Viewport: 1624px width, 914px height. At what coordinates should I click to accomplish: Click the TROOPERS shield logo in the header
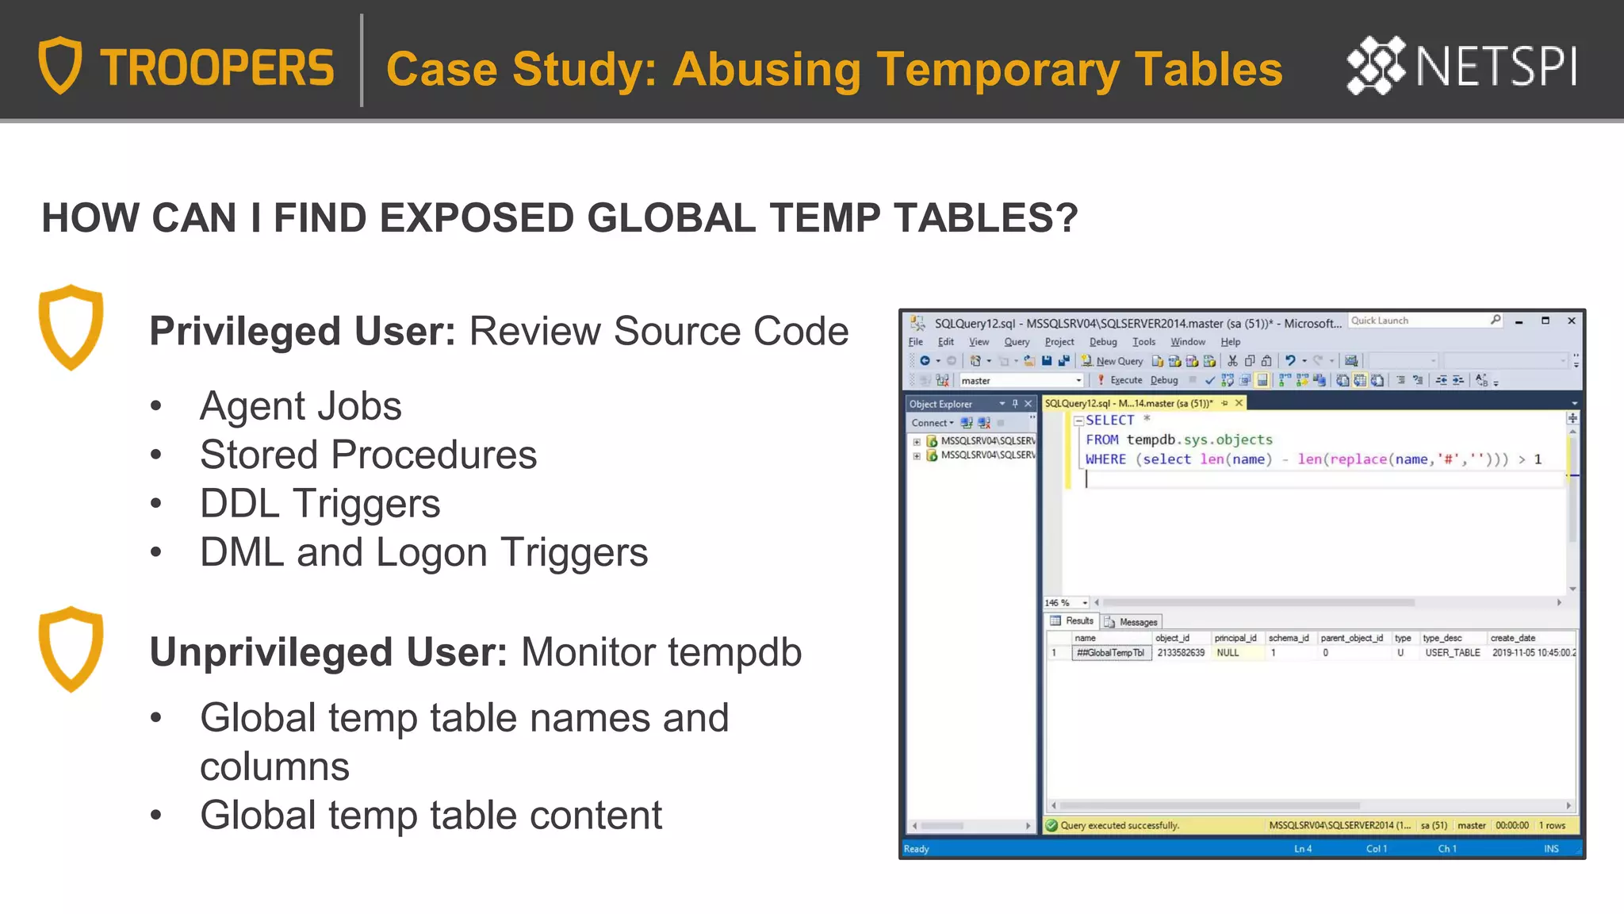click(60, 65)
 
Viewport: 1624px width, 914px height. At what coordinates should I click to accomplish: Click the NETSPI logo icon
click(1376, 65)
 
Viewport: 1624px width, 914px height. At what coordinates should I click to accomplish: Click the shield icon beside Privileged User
click(71, 327)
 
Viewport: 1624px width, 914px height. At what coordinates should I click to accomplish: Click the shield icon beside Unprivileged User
click(71, 648)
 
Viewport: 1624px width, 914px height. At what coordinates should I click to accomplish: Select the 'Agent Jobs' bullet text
click(301, 406)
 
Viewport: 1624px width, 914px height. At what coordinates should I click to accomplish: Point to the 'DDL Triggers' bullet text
click(320, 504)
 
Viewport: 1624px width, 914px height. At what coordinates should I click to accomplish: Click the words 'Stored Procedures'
click(368, 455)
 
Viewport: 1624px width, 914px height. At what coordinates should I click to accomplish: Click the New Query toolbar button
click(1113, 361)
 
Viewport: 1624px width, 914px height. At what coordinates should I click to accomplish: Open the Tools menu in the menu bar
click(1143, 342)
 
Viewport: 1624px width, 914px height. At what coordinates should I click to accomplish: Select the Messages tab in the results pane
click(1132, 622)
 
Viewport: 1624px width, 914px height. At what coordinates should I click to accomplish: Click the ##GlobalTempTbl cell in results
click(1111, 653)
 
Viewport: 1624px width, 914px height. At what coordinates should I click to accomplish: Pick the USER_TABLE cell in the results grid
click(1452, 653)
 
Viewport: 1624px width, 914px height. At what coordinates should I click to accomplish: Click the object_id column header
click(1172, 638)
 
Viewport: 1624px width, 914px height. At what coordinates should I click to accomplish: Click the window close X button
click(1571, 321)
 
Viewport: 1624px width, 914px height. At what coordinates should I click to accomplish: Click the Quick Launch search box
click(1419, 321)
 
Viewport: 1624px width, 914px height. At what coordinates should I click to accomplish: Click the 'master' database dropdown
click(1020, 381)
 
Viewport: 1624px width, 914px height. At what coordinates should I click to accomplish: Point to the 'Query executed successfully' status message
click(1119, 826)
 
